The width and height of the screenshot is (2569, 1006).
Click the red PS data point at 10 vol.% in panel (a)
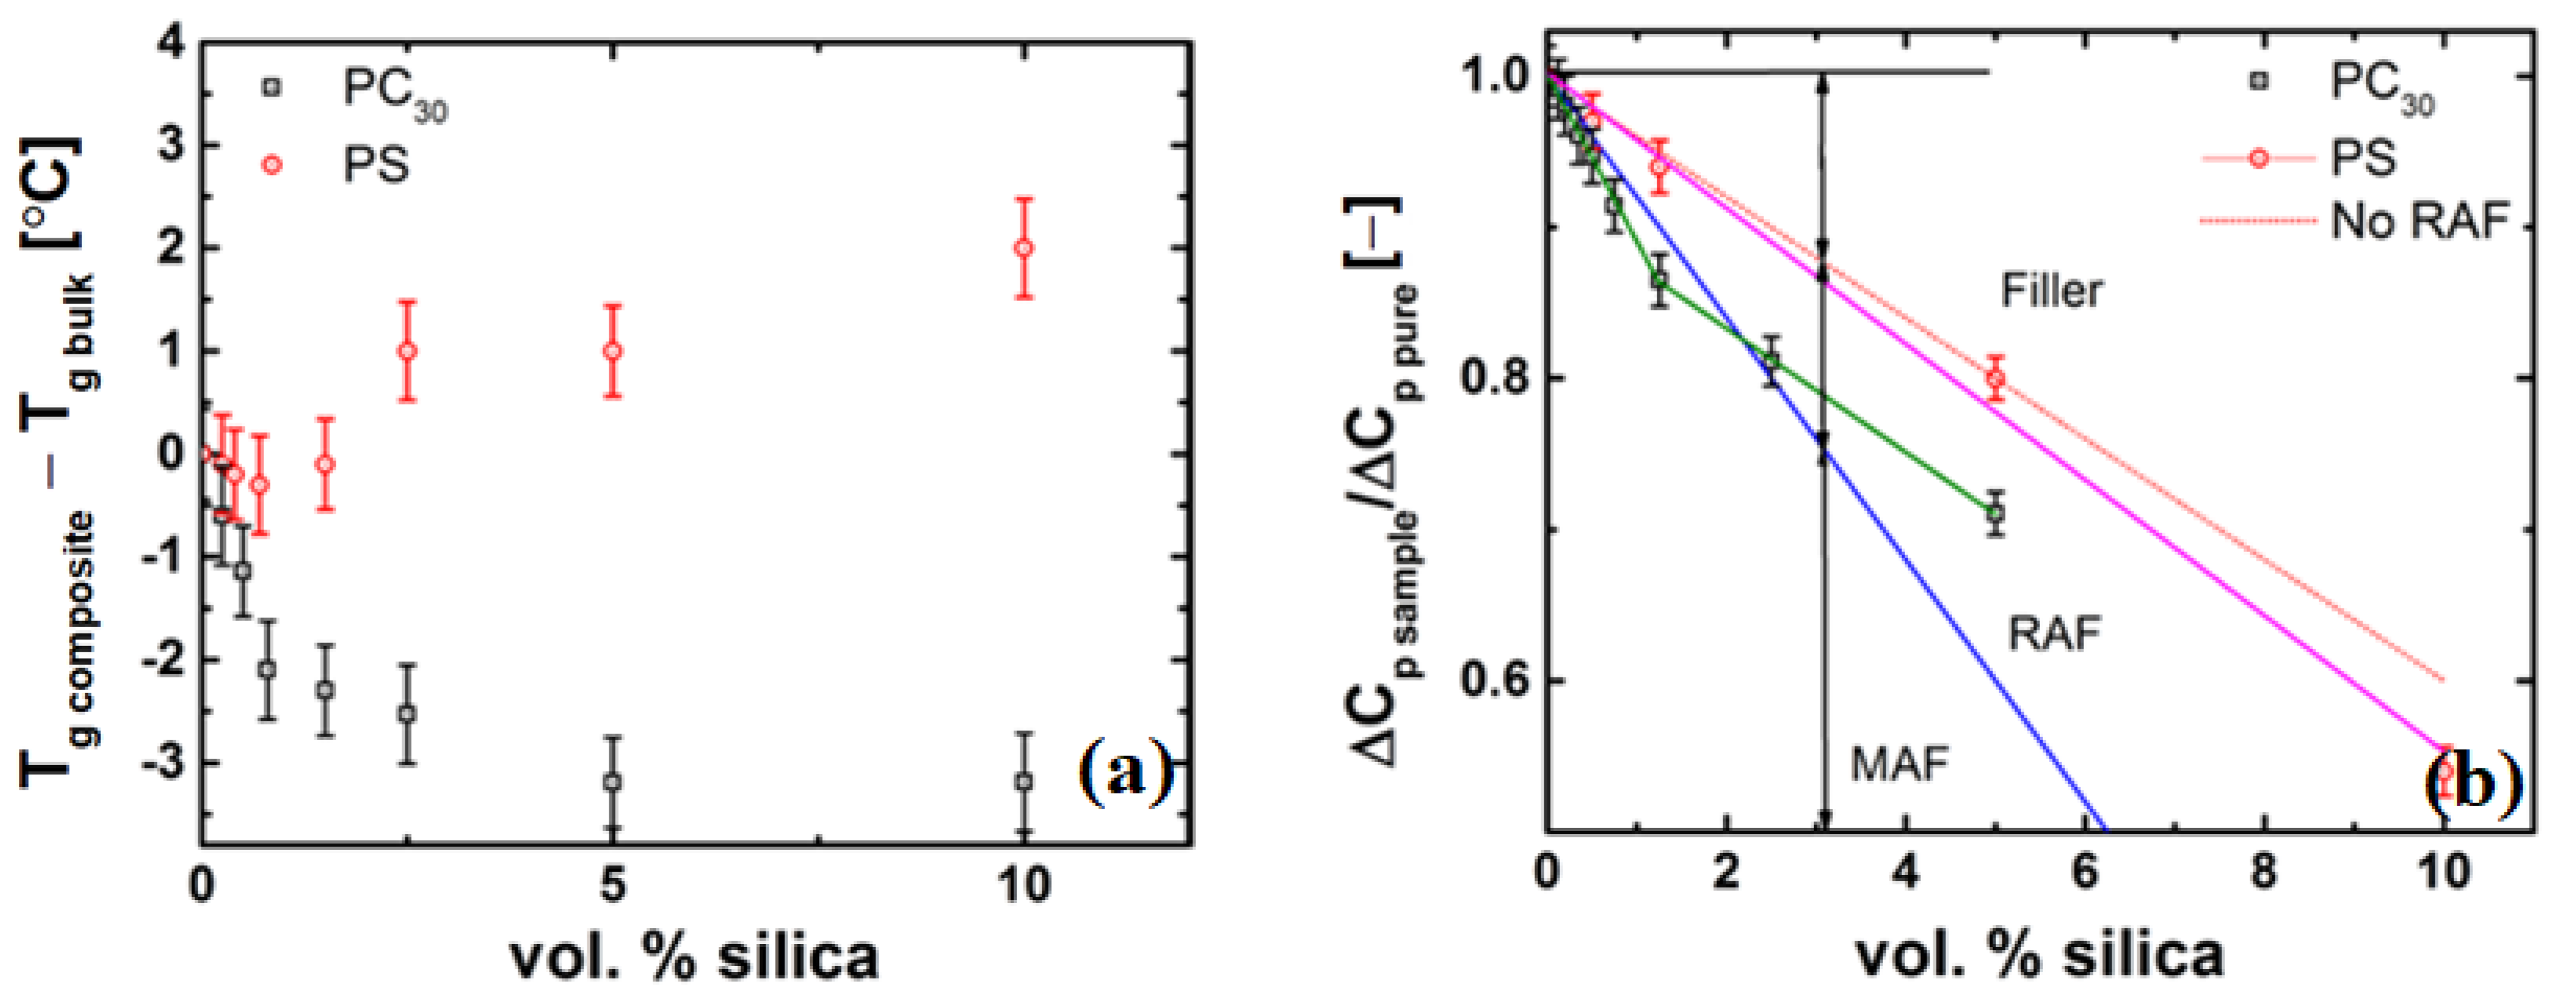pyautogui.click(x=1022, y=248)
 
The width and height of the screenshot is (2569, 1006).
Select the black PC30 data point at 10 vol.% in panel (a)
pyautogui.click(x=1022, y=781)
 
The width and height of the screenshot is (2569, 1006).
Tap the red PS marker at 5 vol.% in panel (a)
pyautogui.click(x=613, y=351)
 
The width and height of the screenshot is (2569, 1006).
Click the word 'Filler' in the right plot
pyautogui.click(x=2051, y=291)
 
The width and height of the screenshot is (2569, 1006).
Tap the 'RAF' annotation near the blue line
pyautogui.click(x=2053, y=633)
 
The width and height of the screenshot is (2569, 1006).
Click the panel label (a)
pyautogui.click(x=1126, y=773)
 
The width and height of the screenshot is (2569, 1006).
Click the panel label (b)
pyautogui.click(x=2473, y=783)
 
